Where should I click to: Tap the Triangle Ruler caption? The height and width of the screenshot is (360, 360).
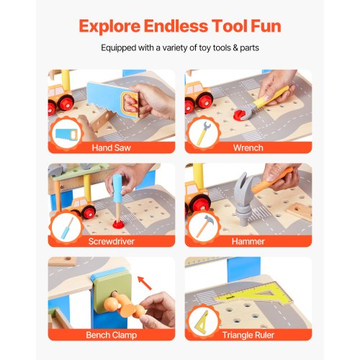point(258,335)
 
